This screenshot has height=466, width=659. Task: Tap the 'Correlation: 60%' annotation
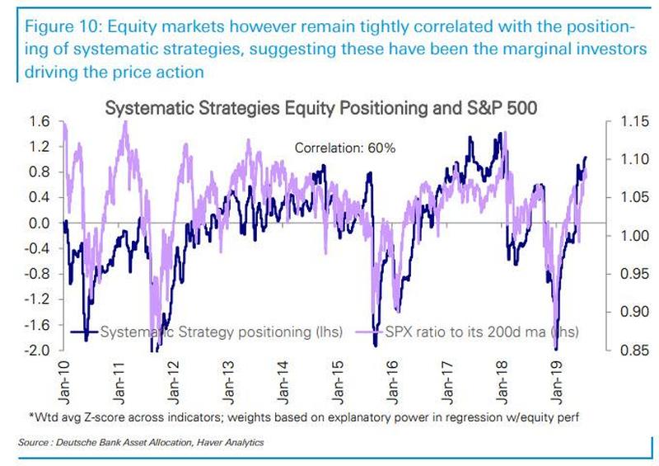click(x=346, y=148)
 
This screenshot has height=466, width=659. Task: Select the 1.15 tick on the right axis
click(x=624, y=121)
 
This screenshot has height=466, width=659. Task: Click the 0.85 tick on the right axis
click(x=624, y=351)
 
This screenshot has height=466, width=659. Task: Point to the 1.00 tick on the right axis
click(x=624, y=236)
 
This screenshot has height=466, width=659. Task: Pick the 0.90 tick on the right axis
click(x=624, y=312)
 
